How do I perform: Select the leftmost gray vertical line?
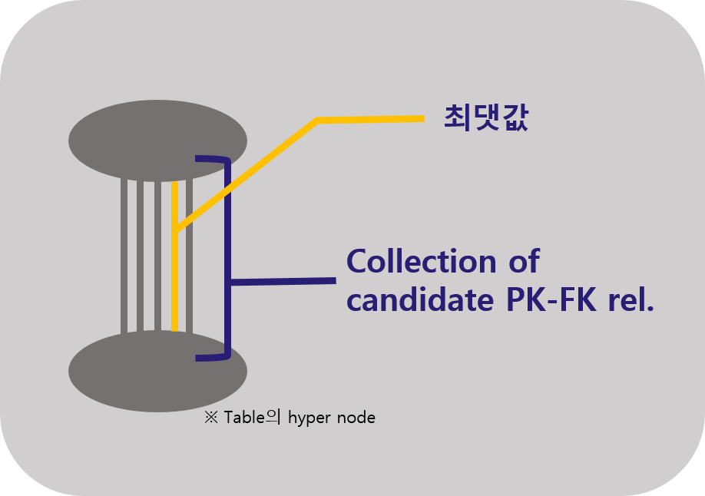point(124,253)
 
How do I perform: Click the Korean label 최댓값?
point(486,118)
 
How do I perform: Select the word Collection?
point(421,263)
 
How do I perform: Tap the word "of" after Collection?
point(523,263)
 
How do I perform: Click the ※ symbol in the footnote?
point(211,418)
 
